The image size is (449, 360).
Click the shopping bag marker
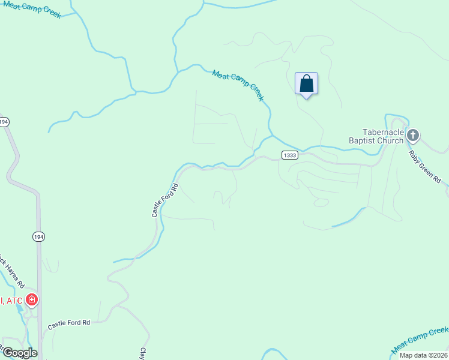coord(306,83)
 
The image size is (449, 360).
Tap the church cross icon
coord(412,135)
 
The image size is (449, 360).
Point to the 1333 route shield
coord(289,155)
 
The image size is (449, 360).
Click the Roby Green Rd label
coord(425,166)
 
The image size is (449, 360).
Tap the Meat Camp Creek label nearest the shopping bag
coord(238,85)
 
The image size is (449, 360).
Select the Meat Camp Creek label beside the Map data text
coord(420,340)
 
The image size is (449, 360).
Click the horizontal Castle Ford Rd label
coord(69,323)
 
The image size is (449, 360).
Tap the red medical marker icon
coord(32,299)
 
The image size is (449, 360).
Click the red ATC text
coord(12,300)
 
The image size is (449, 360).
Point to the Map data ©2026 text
coord(423,355)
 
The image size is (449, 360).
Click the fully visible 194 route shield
coord(38,238)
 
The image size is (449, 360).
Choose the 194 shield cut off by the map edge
coord(4,122)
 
